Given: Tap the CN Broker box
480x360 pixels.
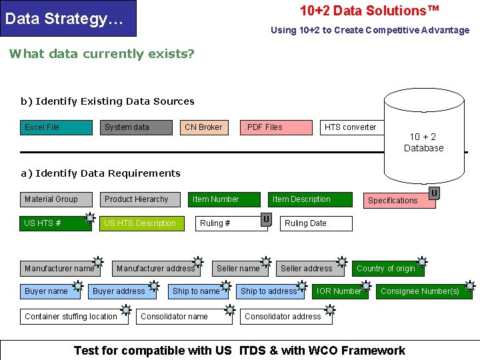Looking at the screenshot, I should coord(204,127).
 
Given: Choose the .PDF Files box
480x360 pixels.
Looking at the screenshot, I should coord(275,127).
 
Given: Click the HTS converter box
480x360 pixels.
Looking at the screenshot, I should coord(352,127).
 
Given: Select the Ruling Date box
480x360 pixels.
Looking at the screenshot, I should coord(316,223).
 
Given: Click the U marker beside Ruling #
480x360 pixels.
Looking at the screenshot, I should coord(266,219).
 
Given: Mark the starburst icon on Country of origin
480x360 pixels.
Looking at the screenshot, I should coord(422,262).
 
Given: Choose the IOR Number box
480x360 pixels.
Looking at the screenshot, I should coord(340,291).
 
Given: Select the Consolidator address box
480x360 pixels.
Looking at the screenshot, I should coord(285,317).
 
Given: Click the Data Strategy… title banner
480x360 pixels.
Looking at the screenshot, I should coord(68,19).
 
